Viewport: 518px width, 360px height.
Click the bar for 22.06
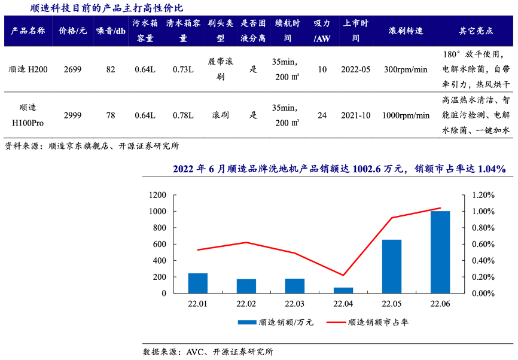[x=440, y=252]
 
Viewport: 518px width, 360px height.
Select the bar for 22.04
[x=343, y=290]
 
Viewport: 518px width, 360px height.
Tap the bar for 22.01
[x=197, y=283]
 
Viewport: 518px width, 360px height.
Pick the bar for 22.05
[x=392, y=266]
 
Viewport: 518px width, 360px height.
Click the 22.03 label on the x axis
[x=294, y=304]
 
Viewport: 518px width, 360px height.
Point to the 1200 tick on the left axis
[x=157, y=195]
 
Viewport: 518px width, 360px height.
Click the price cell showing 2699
[x=74, y=69]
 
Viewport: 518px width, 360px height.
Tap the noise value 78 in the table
[x=111, y=115]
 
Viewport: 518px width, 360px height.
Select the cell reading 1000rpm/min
[x=406, y=115]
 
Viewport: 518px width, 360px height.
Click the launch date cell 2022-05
[x=356, y=69]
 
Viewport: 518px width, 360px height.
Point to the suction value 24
[x=322, y=115]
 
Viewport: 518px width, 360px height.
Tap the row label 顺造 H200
[x=29, y=69]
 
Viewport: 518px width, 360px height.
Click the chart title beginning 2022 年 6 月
[x=339, y=169]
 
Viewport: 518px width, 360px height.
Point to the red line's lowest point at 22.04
[x=343, y=275]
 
